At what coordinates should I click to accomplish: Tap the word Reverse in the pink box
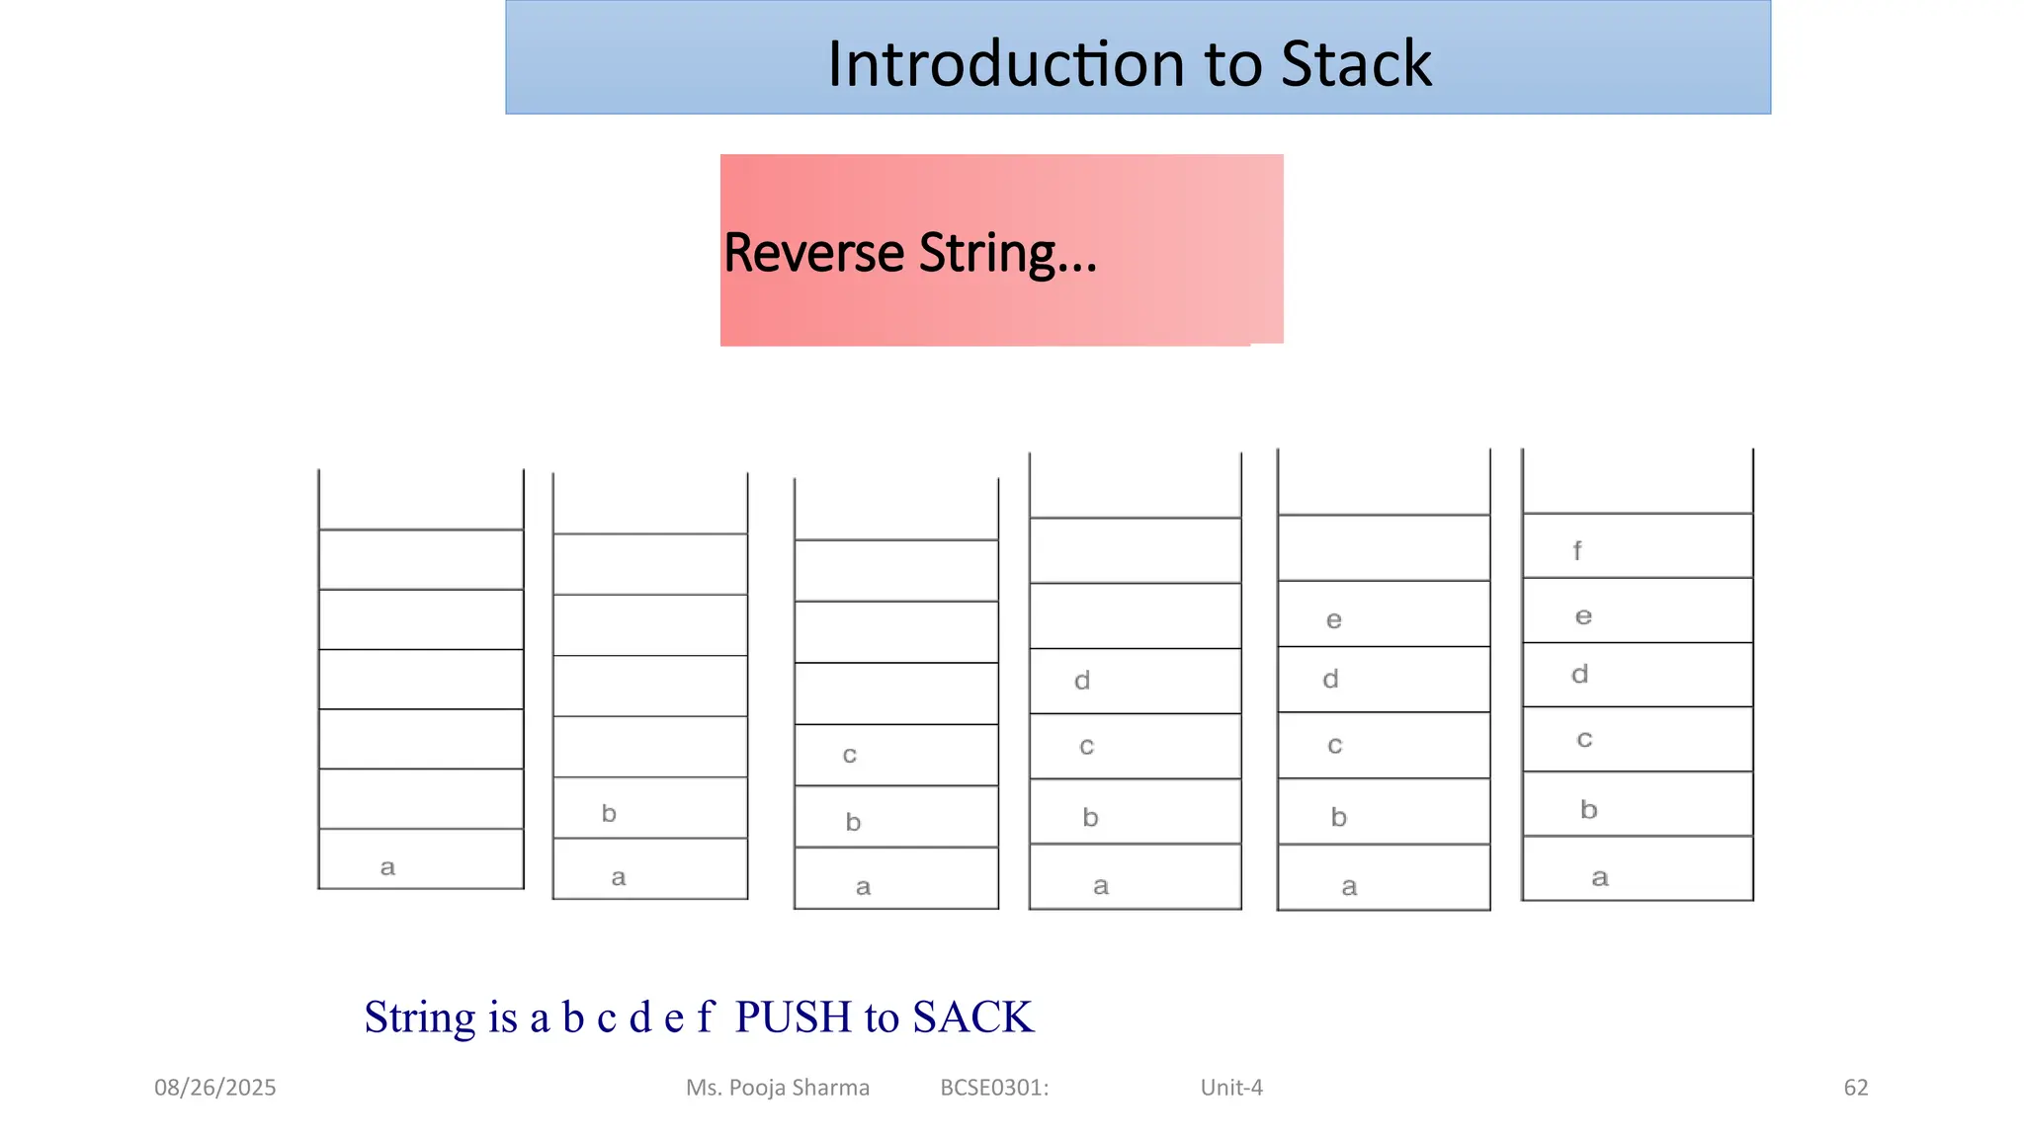click(x=813, y=253)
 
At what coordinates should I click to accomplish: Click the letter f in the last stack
click(x=1577, y=551)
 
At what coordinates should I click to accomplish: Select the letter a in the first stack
click(x=387, y=867)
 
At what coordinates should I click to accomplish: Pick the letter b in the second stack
click(x=609, y=813)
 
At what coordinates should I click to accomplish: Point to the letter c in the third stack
click(x=849, y=756)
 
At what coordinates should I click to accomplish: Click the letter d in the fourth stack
click(x=1082, y=681)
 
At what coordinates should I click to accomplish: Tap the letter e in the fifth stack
click(x=1334, y=620)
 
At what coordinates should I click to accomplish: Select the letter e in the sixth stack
click(x=1583, y=616)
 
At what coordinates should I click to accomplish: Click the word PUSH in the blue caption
click(x=793, y=1017)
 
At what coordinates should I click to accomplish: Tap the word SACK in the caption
click(x=972, y=1017)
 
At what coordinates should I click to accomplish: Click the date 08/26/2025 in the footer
click(x=214, y=1088)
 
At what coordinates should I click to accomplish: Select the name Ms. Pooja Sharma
click(x=778, y=1088)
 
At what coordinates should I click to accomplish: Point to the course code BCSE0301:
click(x=994, y=1088)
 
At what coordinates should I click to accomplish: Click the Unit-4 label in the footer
click(x=1231, y=1088)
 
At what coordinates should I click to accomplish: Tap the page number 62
click(x=1856, y=1088)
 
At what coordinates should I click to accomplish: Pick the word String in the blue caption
click(x=419, y=1017)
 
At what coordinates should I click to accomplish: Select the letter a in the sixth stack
click(x=1600, y=878)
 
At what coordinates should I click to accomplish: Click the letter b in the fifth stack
click(x=1339, y=817)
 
